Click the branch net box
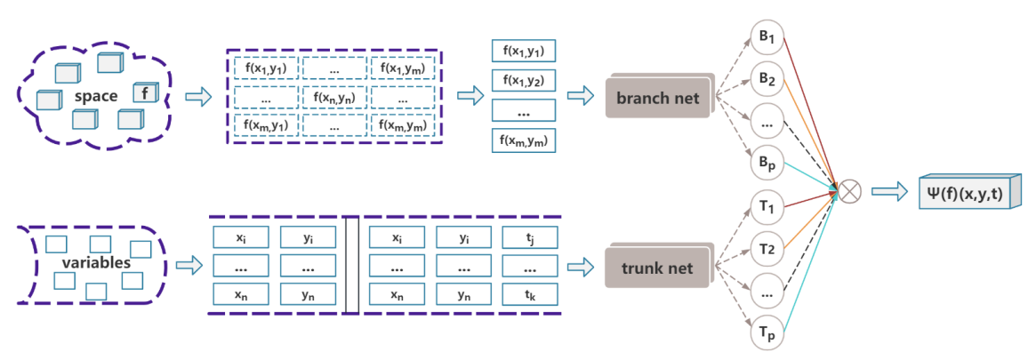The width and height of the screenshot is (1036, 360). pos(657,98)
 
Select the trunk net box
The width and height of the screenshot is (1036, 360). pos(657,267)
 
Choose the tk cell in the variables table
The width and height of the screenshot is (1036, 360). pos(529,295)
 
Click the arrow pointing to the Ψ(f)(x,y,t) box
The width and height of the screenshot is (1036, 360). pos(890,190)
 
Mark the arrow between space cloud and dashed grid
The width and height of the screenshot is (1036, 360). pos(198,96)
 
